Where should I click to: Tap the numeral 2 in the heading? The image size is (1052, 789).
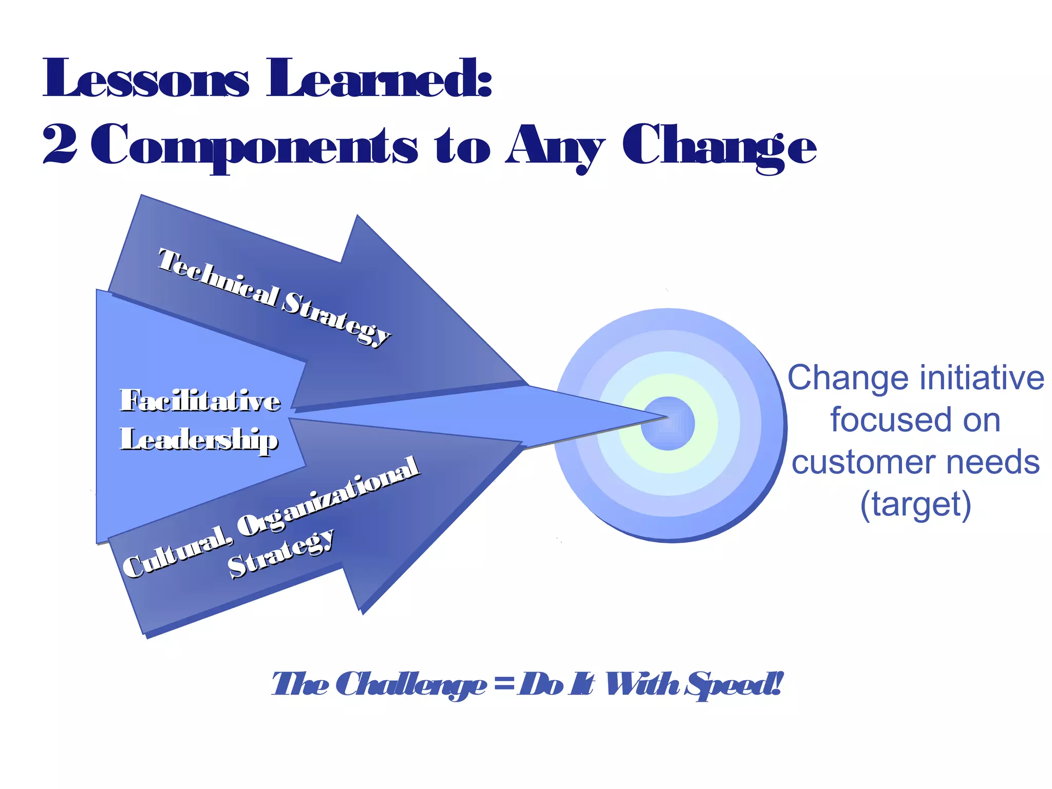60,145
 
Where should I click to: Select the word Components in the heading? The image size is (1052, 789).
254,146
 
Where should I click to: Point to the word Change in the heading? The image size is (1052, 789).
719,146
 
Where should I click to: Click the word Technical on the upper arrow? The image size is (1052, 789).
219,277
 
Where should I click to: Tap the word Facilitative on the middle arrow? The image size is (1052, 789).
200,401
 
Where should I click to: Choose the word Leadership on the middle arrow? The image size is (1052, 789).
199,440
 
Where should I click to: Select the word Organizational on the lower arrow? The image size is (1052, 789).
329,496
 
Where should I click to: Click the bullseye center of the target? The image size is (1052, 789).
668,423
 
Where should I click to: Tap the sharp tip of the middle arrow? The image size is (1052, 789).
666,417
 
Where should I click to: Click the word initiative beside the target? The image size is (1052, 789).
982,378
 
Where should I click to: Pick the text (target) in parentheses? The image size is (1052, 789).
916,504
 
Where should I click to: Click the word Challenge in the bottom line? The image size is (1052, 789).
414,685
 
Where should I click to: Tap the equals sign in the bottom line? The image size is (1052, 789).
503,685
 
